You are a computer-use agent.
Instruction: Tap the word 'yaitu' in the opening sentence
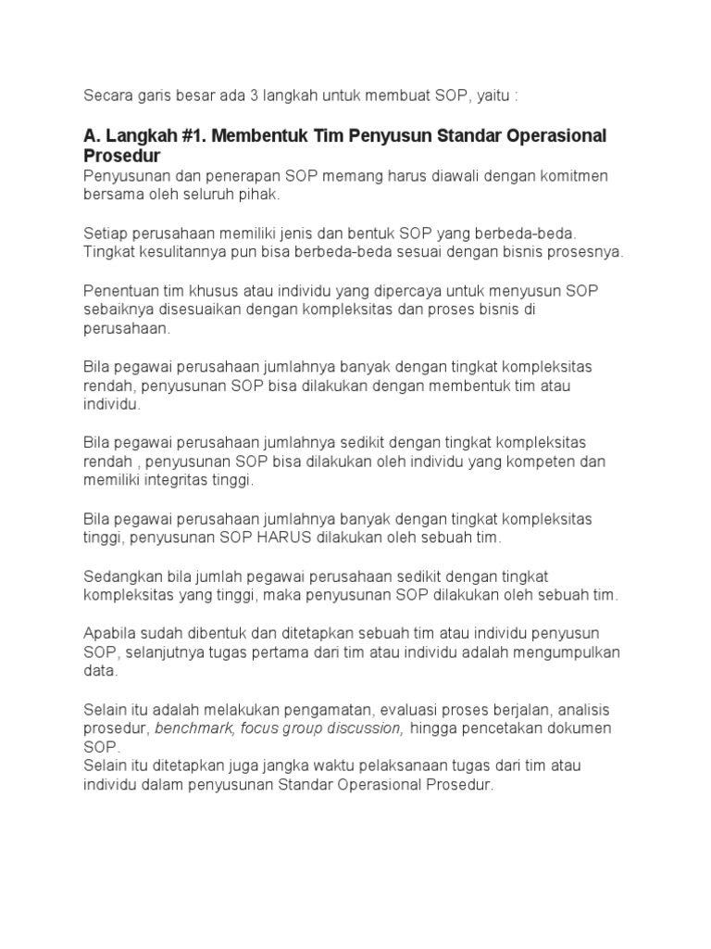click(495, 95)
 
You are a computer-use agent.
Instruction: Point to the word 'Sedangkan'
click(123, 576)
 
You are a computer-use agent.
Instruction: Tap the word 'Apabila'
click(111, 633)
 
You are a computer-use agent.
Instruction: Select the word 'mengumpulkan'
click(564, 652)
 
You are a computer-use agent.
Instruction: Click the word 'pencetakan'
click(504, 728)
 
